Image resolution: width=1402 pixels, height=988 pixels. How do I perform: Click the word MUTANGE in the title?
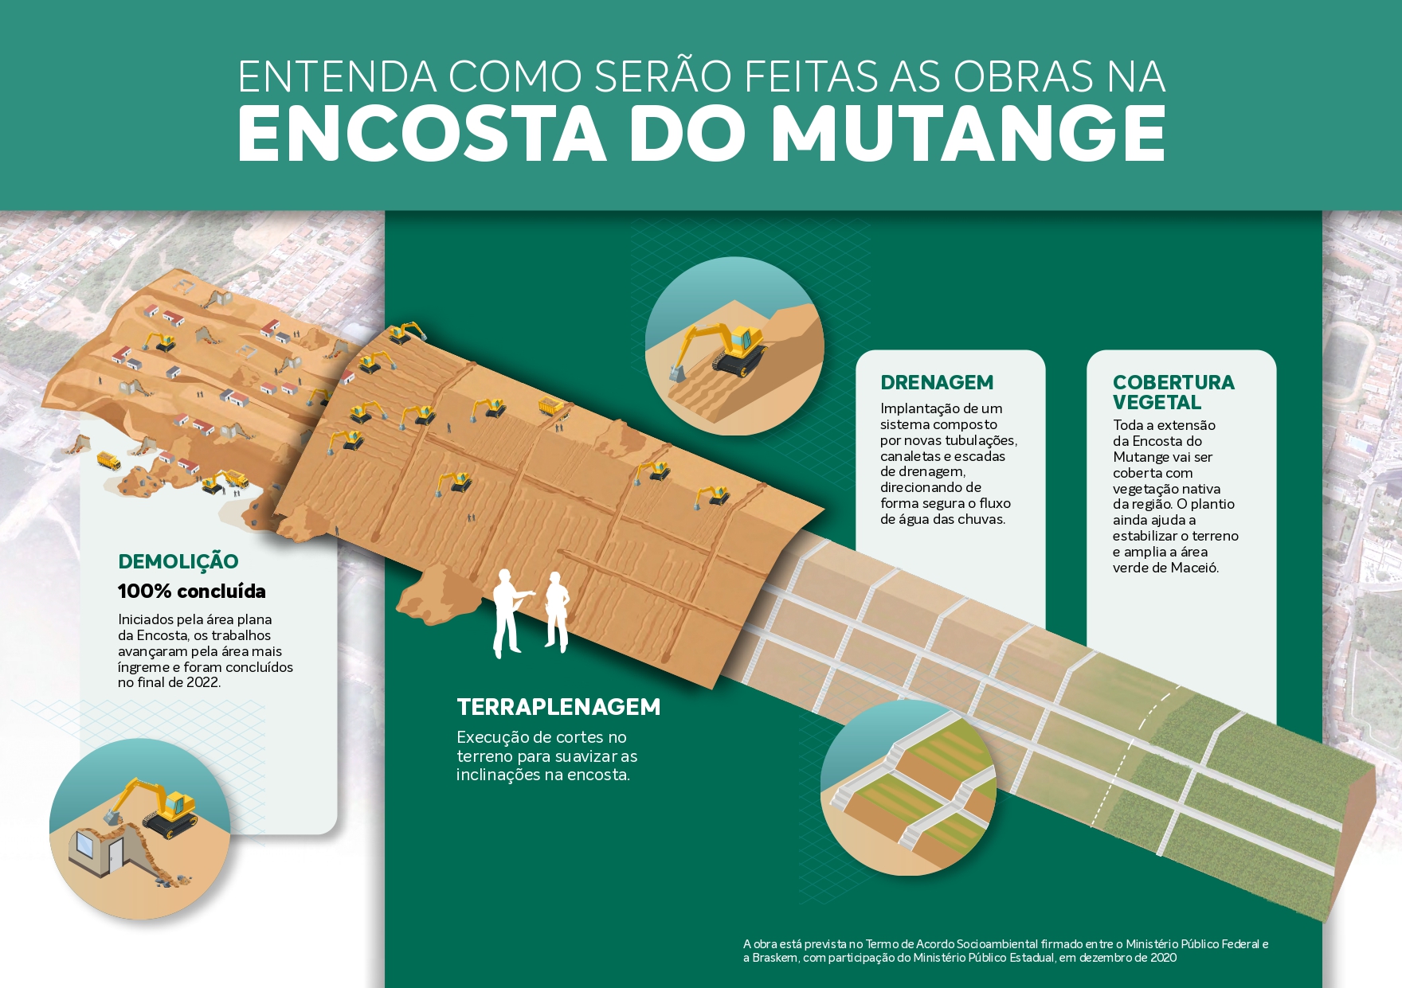(x=969, y=133)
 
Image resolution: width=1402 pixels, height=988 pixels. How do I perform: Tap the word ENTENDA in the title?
(x=337, y=77)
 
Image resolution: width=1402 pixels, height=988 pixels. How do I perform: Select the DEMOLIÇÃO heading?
(x=178, y=562)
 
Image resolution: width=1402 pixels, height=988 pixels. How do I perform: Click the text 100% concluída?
(x=192, y=592)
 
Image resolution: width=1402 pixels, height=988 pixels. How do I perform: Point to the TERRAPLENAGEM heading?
(x=558, y=707)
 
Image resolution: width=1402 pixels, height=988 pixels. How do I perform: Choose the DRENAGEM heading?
(x=937, y=383)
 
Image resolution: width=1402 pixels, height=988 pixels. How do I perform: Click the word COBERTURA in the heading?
(x=1173, y=383)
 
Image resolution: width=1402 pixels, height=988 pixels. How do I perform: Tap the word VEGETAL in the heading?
(x=1157, y=403)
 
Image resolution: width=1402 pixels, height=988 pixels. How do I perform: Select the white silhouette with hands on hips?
(x=557, y=612)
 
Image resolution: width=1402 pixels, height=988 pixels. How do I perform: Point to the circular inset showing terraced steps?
(x=908, y=788)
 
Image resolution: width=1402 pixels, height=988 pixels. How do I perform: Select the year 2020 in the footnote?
(x=1162, y=958)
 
